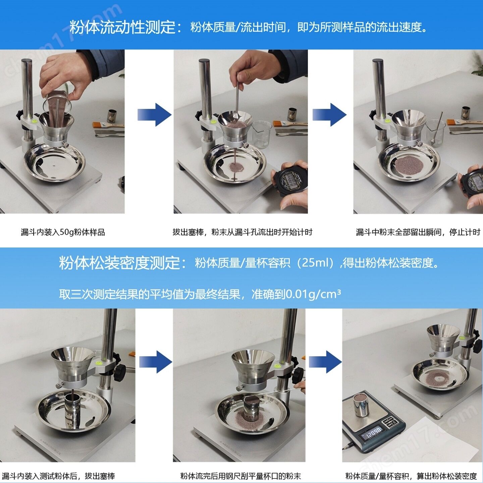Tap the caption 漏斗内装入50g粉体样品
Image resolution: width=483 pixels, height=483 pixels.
[63, 232]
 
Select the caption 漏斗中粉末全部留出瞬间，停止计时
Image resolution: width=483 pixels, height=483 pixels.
[418, 232]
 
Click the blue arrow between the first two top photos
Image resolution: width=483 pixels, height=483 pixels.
[154, 115]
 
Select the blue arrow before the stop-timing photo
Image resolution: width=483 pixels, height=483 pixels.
[329, 115]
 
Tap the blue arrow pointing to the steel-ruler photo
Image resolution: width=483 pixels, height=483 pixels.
[156, 362]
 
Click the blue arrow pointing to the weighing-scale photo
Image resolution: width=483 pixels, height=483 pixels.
[325, 362]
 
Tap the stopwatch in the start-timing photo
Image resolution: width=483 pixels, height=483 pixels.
[290, 179]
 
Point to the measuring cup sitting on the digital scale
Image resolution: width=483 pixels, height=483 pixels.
[361, 405]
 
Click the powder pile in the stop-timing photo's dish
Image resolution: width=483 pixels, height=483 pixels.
[409, 166]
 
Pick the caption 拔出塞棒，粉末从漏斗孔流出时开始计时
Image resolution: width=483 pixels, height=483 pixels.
[243, 232]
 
